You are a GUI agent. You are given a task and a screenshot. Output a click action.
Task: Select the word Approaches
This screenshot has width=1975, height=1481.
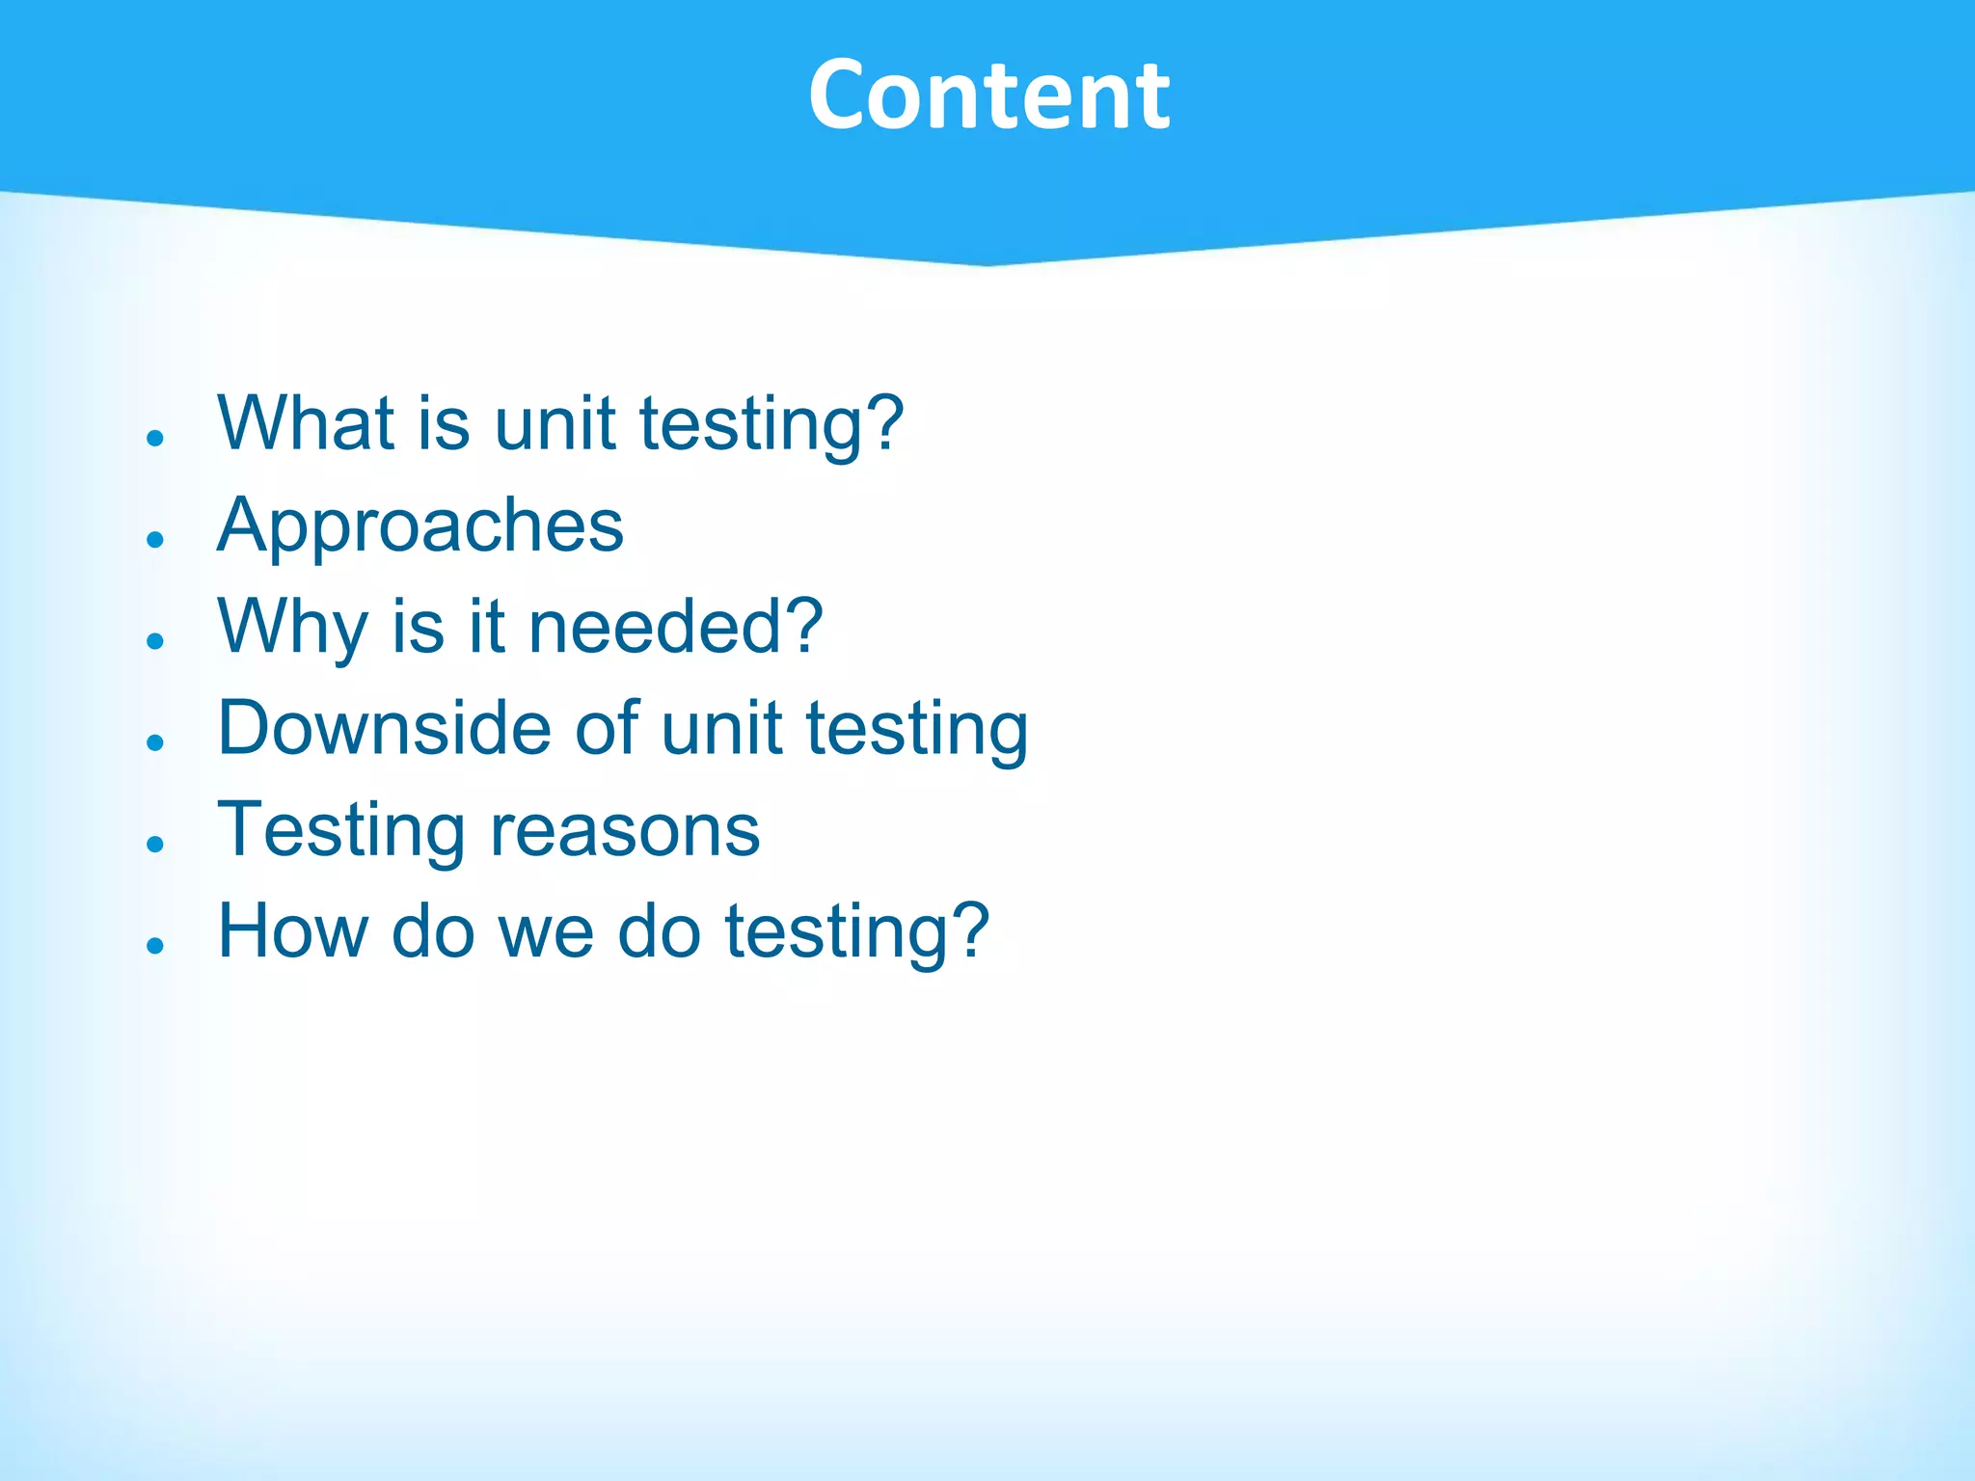[x=420, y=527]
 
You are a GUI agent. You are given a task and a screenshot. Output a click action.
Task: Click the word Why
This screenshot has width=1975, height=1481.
[x=292, y=629]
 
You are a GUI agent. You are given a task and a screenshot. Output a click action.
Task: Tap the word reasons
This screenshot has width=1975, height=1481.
[x=625, y=831]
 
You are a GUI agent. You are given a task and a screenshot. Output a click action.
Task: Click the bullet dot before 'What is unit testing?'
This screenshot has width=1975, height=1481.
[x=155, y=438]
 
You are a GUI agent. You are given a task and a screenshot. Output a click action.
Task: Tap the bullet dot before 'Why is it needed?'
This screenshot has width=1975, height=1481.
[x=155, y=641]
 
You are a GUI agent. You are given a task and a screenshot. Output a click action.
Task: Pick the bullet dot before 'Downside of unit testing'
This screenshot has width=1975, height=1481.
[x=155, y=742]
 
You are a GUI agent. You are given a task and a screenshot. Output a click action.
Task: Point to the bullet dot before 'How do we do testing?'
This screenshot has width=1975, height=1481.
[x=155, y=946]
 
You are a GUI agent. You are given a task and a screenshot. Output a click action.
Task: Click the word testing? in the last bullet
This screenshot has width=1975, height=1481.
[x=856, y=933]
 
